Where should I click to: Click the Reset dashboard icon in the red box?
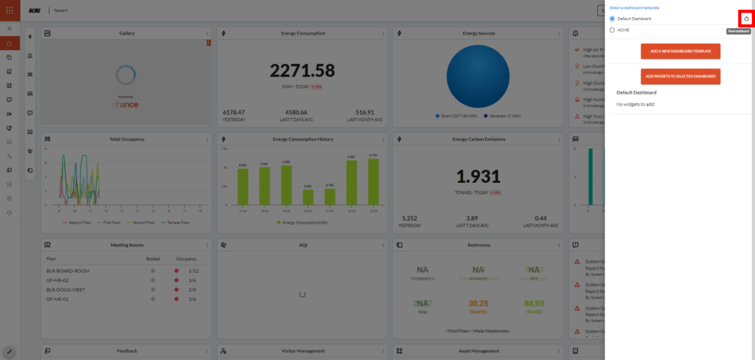tap(746, 18)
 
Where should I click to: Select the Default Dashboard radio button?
tap(612, 18)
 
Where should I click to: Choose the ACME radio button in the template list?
tap(612, 30)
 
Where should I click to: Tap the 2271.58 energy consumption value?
tap(302, 71)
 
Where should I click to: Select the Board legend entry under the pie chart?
tap(457, 116)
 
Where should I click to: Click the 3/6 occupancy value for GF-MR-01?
tap(192, 299)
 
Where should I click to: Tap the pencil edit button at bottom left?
tap(10, 351)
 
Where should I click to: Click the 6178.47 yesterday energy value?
tap(234, 112)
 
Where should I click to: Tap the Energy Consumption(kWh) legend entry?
tap(302, 221)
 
